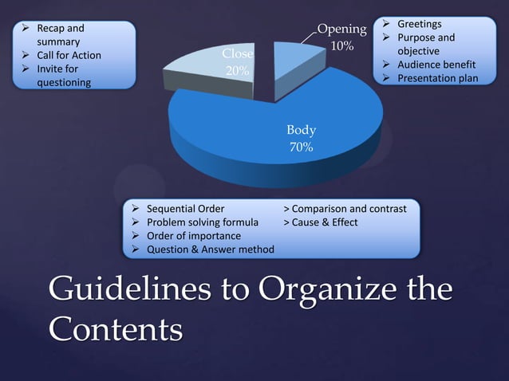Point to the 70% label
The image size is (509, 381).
coord(301,147)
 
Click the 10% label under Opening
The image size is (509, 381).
coord(342,46)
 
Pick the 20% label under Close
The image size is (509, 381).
coord(237,71)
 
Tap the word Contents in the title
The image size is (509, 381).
coord(116,328)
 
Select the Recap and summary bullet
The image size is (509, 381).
coord(56,34)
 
